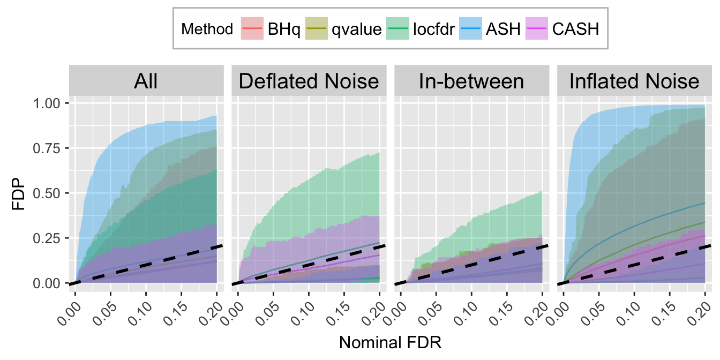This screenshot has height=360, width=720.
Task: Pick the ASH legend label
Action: coord(503,28)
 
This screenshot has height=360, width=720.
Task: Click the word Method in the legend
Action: coord(207,28)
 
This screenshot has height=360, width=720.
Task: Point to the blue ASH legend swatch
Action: coord(470,28)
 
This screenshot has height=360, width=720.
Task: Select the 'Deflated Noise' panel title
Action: coord(309,82)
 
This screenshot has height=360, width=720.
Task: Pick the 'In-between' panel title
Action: coord(471,82)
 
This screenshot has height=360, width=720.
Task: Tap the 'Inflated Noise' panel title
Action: coord(634,82)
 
